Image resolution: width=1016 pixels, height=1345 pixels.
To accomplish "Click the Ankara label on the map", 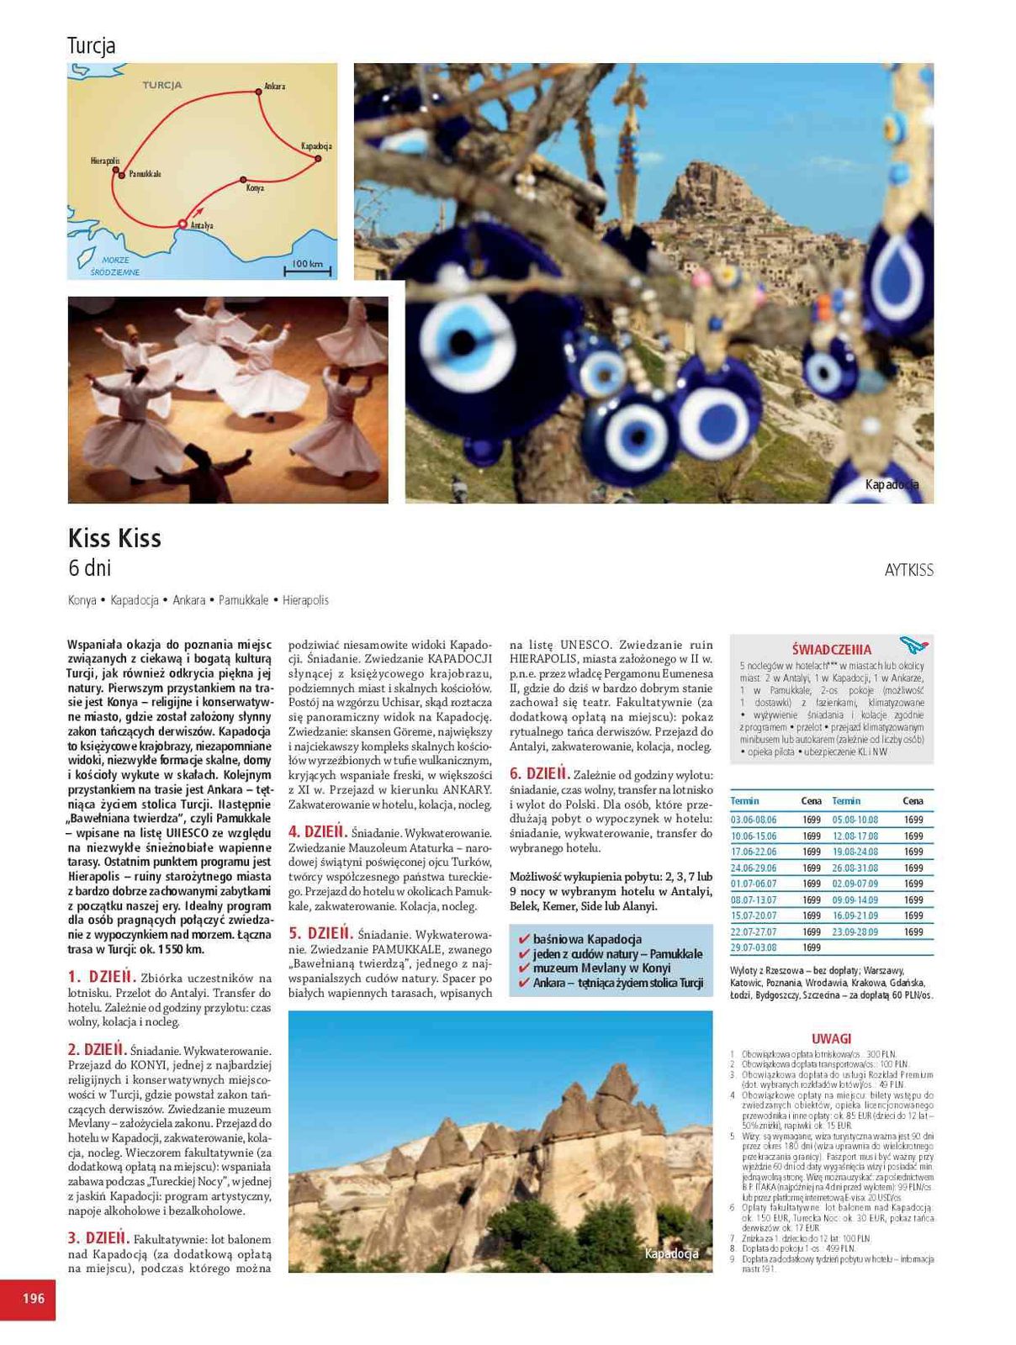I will pyautogui.click(x=274, y=87).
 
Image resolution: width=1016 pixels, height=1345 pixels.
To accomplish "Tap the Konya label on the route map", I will pyautogui.click(x=255, y=188).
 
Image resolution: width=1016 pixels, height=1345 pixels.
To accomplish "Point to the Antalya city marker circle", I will pyautogui.click(x=182, y=224).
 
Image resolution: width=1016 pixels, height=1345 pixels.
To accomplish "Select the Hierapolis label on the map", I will pyautogui.click(x=105, y=161).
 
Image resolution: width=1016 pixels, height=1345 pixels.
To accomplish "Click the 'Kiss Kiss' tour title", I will pyautogui.click(x=114, y=538).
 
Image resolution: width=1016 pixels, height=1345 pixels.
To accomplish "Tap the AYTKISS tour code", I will pyautogui.click(x=908, y=570).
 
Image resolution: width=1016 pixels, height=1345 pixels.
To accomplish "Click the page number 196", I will pyautogui.click(x=33, y=1299).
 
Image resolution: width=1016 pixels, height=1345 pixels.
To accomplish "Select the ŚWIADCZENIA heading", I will pyautogui.click(x=832, y=649).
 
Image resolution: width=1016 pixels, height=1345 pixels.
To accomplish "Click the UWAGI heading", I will pyautogui.click(x=831, y=1039).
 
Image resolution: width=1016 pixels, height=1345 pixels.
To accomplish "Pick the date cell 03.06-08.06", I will pyautogui.click(x=754, y=820).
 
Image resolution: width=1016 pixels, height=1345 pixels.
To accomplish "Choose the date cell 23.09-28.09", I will pyautogui.click(x=855, y=931).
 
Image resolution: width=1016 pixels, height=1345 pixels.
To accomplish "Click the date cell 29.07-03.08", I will pyautogui.click(x=754, y=947).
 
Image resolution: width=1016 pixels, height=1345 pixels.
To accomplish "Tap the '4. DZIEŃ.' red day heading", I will pyautogui.click(x=317, y=832).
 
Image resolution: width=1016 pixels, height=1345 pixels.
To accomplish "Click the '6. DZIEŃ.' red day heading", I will pyautogui.click(x=539, y=773).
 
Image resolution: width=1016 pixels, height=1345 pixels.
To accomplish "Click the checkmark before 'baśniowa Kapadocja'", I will pyautogui.click(x=524, y=940).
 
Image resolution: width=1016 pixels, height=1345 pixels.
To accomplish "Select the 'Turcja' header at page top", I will pyautogui.click(x=91, y=45).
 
